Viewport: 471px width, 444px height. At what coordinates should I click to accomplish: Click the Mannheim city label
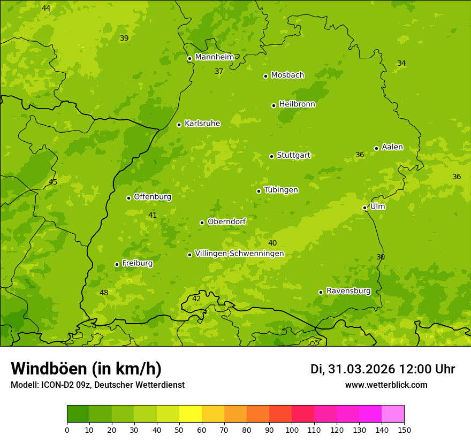click(215, 57)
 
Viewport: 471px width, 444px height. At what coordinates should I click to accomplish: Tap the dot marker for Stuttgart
click(271, 156)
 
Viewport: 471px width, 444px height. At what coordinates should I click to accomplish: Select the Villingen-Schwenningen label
click(239, 254)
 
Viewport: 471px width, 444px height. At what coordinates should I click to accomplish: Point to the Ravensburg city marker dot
click(321, 292)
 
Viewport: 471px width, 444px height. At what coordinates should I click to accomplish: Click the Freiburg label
click(137, 263)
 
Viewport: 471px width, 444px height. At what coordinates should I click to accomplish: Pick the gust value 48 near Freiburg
click(104, 293)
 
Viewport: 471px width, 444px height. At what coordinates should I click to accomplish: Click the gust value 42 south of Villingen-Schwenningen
click(196, 298)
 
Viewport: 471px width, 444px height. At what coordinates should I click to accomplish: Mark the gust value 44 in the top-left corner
click(46, 8)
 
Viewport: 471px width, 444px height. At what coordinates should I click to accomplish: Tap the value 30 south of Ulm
click(381, 257)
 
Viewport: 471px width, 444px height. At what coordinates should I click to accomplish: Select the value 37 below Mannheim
click(219, 71)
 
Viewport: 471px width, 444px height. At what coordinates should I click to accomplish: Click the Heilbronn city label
click(297, 104)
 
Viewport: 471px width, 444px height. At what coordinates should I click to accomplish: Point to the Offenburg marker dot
click(128, 198)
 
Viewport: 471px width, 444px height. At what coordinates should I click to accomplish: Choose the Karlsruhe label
click(202, 124)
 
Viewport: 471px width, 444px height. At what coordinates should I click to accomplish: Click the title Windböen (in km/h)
click(86, 369)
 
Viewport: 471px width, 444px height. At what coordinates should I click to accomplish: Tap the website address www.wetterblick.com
click(386, 385)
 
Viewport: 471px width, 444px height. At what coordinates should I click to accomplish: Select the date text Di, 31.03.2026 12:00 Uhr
click(383, 369)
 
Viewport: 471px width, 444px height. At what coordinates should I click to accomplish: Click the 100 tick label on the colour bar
click(292, 430)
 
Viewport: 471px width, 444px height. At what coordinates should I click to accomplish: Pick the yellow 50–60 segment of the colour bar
click(191, 414)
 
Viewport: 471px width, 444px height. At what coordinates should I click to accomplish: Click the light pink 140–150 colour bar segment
click(393, 414)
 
